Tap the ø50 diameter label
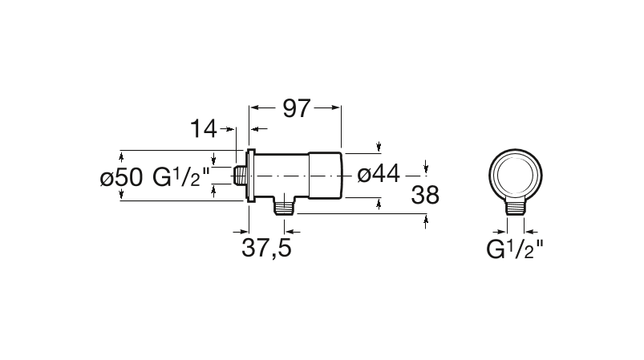(x=121, y=177)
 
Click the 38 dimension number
(x=425, y=196)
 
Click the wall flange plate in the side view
(x=249, y=176)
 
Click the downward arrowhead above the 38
(x=425, y=168)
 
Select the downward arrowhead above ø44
(x=379, y=147)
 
